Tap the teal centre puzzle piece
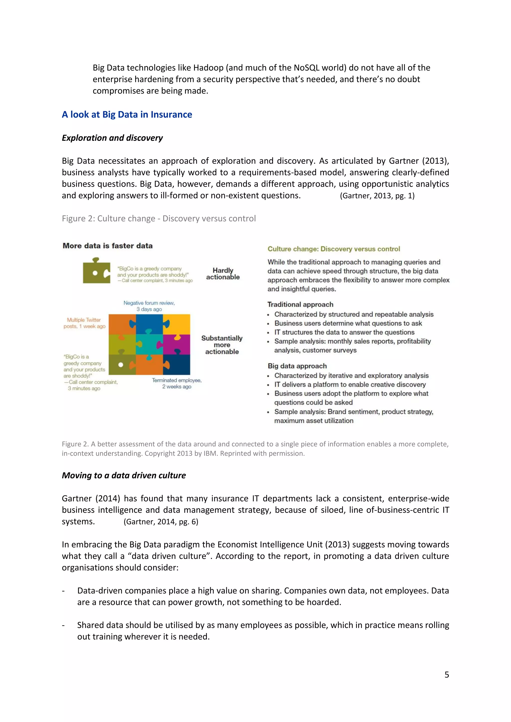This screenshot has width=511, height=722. click(x=149, y=344)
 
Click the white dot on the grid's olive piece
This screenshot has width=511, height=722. click(x=121, y=365)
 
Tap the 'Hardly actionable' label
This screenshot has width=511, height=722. click(x=223, y=273)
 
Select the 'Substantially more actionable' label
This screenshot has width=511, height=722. click(x=222, y=345)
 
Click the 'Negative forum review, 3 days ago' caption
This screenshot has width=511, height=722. click(x=149, y=306)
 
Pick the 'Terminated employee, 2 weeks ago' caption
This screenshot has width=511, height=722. click(x=177, y=383)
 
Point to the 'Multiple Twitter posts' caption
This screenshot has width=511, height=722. click(x=84, y=323)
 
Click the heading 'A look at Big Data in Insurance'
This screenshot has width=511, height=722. click(x=127, y=114)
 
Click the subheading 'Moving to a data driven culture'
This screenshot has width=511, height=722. click(x=124, y=475)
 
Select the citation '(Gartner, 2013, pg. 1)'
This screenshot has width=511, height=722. click(x=377, y=196)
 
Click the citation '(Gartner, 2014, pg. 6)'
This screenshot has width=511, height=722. click(x=161, y=522)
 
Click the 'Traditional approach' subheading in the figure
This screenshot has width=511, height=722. click(x=300, y=304)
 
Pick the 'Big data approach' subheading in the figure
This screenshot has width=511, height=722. click(x=297, y=366)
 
